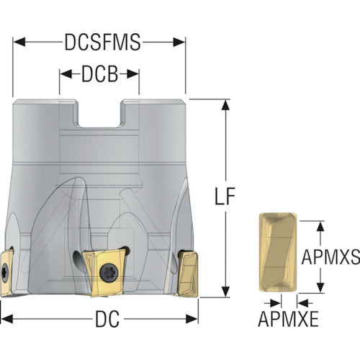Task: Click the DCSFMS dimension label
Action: click(x=102, y=42)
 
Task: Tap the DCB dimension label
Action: click(x=100, y=74)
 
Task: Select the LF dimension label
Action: click(x=225, y=197)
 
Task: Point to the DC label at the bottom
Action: click(x=107, y=319)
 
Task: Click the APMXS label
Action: click(x=330, y=257)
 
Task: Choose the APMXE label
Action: click(x=288, y=319)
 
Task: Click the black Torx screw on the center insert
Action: click(x=109, y=273)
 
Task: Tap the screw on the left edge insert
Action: click(x=5, y=273)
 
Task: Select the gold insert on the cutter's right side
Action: click(x=189, y=274)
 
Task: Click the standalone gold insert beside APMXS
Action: click(x=278, y=252)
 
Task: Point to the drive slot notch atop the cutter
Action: click(x=99, y=113)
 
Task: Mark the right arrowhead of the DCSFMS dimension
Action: click(x=179, y=42)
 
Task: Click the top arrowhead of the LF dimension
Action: click(x=225, y=105)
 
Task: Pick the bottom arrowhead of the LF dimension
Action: click(x=225, y=292)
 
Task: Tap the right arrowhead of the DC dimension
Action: click(x=192, y=319)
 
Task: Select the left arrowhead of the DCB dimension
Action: click(x=66, y=74)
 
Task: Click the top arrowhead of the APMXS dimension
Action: click(x=320, y=226)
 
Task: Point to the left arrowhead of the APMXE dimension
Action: click(x=275, y=303)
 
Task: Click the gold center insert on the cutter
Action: click(x=106, y=272)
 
